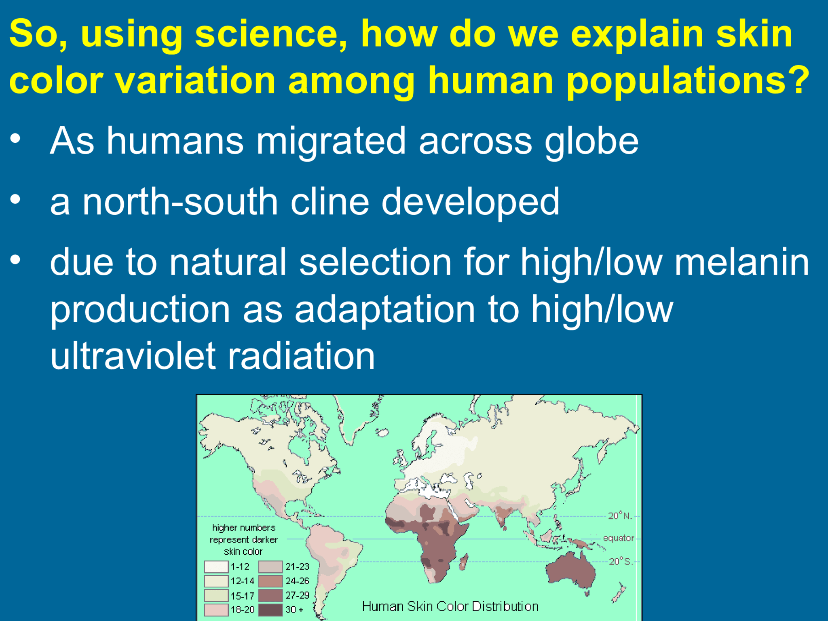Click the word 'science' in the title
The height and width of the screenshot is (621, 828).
pyautogui.click(x=270, y=34)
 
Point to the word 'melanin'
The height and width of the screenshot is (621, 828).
pyautogui.click(x=742, y=262)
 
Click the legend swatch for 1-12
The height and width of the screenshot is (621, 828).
pyautogui.click(x=216, y=567)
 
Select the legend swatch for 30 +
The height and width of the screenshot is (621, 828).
pyautogui.click(x=270, y=610)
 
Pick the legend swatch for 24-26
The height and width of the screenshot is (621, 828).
pyautogui.click(x=270, y=581)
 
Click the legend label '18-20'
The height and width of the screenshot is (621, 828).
pyautogui.click(x=242, y=610)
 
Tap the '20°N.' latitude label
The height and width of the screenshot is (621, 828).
pyautogui.click(x=620, y=516)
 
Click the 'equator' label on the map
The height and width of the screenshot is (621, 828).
pyautogui.click(x=618, y=538)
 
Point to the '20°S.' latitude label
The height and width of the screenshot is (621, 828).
pyautogui.click(x=620, y=561)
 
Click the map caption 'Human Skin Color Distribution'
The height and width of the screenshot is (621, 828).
pyautogui.click(x=450, y=606)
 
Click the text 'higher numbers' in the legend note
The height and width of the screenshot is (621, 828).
pyautogui.click(x=243, y=528)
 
